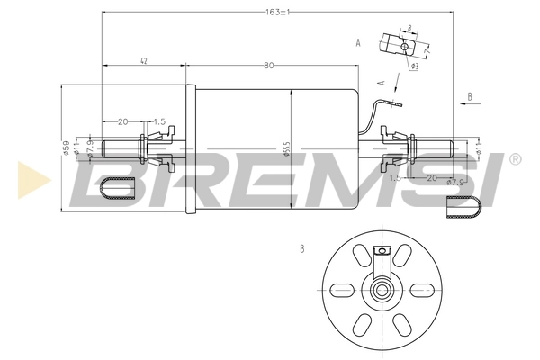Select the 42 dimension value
tap(144, 60)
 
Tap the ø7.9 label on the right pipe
tap(457, 183)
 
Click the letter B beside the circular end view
tap(302, 249)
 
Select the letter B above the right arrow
tap(469, 94)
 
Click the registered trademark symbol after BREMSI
tap(514, 160)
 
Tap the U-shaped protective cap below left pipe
tap(115, 189)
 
